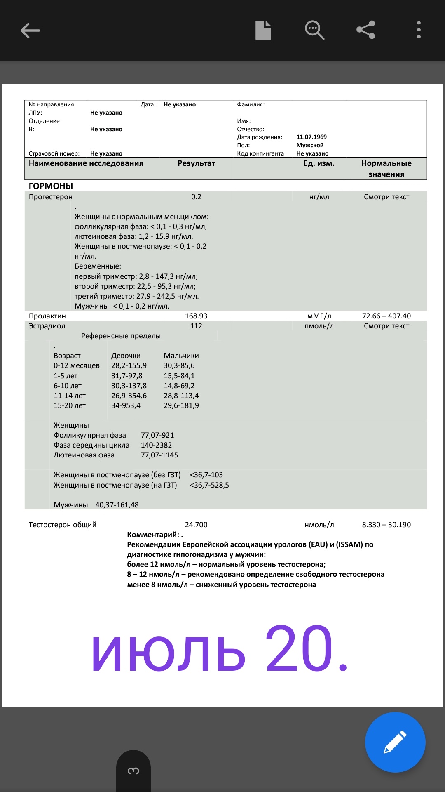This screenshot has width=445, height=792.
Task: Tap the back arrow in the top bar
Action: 30,31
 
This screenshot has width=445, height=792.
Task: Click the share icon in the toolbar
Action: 365,30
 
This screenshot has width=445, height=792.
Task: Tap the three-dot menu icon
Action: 419,30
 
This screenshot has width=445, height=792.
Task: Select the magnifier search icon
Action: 314,30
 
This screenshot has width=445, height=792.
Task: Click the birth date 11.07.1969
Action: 311,137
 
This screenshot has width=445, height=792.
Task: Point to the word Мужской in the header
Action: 310,145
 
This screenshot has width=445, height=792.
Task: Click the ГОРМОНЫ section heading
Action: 51,186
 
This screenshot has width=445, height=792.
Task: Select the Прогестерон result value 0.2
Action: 196,197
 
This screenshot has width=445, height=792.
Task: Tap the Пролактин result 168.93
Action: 196,316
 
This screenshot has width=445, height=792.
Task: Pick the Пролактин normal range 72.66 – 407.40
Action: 386,316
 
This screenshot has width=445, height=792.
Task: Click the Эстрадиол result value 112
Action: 196,326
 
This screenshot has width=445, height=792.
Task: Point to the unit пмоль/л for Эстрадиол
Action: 319,326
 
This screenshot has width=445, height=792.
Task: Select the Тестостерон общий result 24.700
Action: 196,525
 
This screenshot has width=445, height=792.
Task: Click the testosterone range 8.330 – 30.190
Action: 386,525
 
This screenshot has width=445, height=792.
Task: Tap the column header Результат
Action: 196,163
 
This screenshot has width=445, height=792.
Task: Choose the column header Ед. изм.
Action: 319,163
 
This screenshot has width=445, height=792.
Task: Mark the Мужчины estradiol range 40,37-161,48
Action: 117,505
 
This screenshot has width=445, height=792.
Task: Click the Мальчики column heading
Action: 181,356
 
